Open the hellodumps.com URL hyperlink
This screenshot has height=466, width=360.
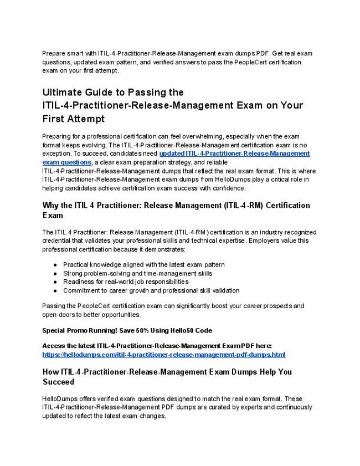pos(163,355)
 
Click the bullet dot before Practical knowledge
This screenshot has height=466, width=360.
pos(55,265)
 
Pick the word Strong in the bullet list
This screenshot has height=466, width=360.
pos(73,273)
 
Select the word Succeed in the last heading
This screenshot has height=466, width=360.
pos(58,382)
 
